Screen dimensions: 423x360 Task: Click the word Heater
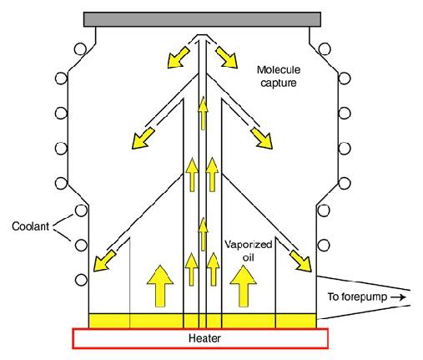click(204, 338)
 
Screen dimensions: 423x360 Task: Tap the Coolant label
click(30, 226)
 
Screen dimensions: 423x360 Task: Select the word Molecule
click(279, 69)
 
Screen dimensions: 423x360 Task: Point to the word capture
click(279, 83)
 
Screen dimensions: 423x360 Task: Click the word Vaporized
click(248, 245)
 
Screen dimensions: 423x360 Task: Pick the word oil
click(248, 257)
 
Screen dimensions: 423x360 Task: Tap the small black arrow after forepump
click(398, 297)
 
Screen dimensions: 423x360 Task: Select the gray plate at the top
click(202, 19)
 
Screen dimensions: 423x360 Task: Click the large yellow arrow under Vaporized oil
click(244, 286)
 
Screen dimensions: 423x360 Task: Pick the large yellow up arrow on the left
click(160, 286)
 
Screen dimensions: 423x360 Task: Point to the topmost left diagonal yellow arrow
click(178, 58)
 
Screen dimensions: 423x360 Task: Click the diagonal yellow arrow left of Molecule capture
click(227, 57)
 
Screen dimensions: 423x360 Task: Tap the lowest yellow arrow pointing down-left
click(104, 261)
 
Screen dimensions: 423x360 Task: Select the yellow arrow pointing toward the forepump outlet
click(300, 261)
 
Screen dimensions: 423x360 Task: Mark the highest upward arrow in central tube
click(203, 113)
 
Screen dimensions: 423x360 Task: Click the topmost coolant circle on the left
click(80, 49)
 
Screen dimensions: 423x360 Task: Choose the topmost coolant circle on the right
click(325, 49)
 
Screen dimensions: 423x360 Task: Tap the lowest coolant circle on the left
click(81, 280)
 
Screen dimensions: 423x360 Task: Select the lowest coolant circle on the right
click(324, 246)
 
